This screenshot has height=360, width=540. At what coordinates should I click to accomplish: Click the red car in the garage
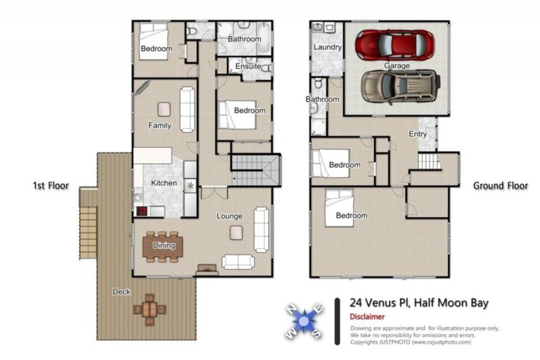394,45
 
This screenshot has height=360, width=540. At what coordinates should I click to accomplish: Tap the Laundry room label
328,48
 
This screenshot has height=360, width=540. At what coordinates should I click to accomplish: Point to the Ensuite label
248,67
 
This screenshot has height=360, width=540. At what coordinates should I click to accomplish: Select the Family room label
160,126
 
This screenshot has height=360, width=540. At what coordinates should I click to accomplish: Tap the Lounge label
229,216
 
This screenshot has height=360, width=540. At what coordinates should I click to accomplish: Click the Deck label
121,291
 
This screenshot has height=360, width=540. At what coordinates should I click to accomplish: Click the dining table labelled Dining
163,246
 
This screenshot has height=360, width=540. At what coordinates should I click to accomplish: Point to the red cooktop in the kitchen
141,211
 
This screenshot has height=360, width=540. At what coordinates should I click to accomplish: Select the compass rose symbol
302,321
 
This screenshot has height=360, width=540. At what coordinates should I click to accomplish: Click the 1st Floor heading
51,186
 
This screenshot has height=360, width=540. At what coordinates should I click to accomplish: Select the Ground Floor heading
499,186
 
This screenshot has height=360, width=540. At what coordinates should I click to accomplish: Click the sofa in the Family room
187,109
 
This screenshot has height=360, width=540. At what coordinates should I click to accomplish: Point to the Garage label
397,65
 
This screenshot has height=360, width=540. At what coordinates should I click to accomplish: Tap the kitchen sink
190,186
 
